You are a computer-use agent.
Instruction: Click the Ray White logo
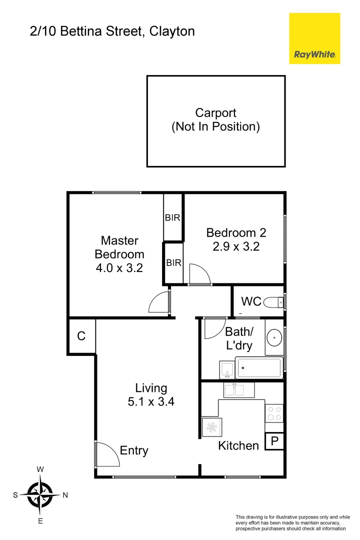pos(314,38)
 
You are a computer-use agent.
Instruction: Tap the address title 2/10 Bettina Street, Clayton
pos(112,31)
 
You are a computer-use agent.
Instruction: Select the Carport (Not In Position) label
pos(215,120)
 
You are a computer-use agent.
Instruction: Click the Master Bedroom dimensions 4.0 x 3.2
pos(119,267)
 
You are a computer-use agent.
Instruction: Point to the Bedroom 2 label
pos(236,232)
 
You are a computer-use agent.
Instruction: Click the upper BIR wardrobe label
pos(172,218)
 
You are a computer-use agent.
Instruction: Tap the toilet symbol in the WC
pos(273,302)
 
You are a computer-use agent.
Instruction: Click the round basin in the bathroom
pos(273,338)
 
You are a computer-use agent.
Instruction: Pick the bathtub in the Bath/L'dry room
pos(258,368)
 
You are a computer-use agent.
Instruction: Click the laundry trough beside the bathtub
pos(226,370)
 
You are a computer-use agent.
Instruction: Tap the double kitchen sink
pos(238,389)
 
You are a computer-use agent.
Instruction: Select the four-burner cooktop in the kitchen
pos(273,413)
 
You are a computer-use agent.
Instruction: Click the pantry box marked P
pos(273,441)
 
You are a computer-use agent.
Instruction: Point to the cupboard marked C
pos(81,336)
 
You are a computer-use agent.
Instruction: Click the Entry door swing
pos(105,453)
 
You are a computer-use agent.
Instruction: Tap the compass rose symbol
pos(40,495)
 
